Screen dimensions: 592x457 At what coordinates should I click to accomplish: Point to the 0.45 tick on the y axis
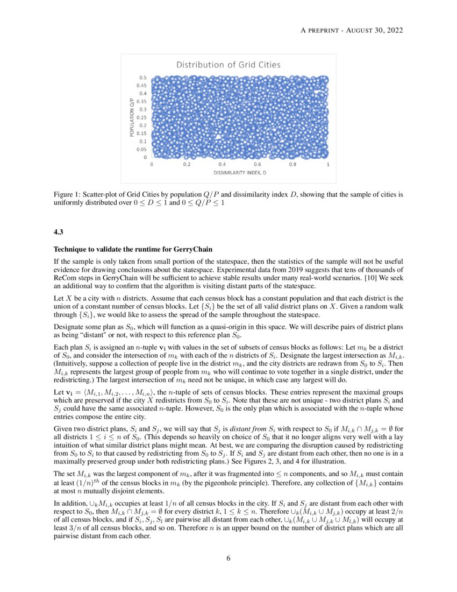point(142,86)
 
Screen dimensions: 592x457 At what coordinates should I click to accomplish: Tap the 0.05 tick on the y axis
point(142,149)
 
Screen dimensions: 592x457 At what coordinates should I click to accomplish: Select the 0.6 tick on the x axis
point(258,164)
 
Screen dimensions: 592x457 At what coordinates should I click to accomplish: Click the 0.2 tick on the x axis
point(187,164)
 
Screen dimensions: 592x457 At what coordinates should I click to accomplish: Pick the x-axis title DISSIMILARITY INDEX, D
point(240,173)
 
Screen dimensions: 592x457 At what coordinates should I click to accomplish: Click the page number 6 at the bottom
point(228,558)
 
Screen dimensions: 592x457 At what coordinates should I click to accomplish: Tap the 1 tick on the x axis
point(328,164)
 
